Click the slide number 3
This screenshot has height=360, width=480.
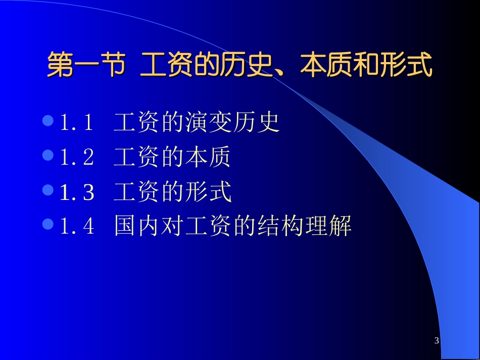click(x=437, y=341)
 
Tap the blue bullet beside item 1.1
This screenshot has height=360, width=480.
click(x=49, y=121)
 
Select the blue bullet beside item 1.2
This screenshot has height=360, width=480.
click(x=49, y=156)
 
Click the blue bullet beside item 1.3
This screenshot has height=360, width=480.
click(x=49, y=190)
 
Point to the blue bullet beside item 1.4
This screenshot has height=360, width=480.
click(x=49, y=225)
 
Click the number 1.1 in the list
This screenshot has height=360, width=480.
click(x=77, y=123)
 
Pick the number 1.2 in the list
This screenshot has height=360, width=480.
click(x=77, y=158)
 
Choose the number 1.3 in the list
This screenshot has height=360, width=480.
click(x=77, y=192)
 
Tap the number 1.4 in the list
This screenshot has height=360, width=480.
click(x=77, y=226)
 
